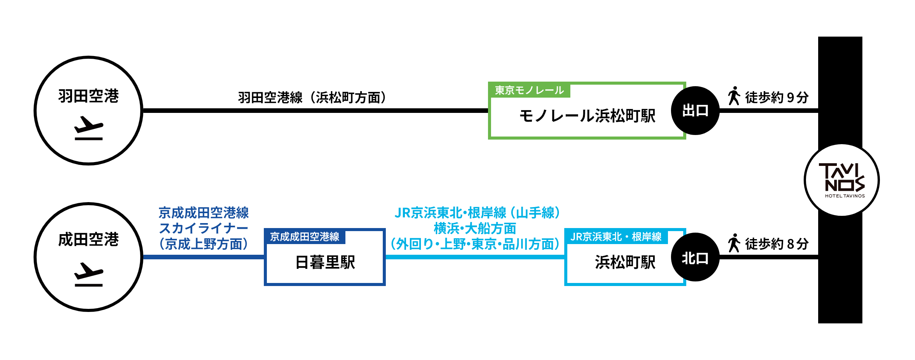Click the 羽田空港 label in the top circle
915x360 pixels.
88,96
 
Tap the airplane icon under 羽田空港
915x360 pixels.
88,129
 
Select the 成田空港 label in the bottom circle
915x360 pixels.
88,239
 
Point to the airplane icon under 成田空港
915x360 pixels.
88,275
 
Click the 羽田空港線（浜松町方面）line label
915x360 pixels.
312,98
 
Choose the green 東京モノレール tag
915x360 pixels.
529,90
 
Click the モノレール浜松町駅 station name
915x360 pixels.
587,116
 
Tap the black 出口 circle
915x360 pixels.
695,111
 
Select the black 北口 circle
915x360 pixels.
695,258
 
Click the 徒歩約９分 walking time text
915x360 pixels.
777,97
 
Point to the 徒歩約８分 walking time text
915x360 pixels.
777,244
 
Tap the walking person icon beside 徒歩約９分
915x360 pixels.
734,96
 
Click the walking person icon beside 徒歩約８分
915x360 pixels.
734,243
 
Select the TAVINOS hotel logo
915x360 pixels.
841,180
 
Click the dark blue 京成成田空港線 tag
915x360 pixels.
305,237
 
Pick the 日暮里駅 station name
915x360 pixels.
325,262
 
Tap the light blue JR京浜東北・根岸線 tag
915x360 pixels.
616,237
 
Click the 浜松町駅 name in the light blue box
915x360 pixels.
625,262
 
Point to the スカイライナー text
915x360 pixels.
204,228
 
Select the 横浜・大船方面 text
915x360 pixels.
475,228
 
